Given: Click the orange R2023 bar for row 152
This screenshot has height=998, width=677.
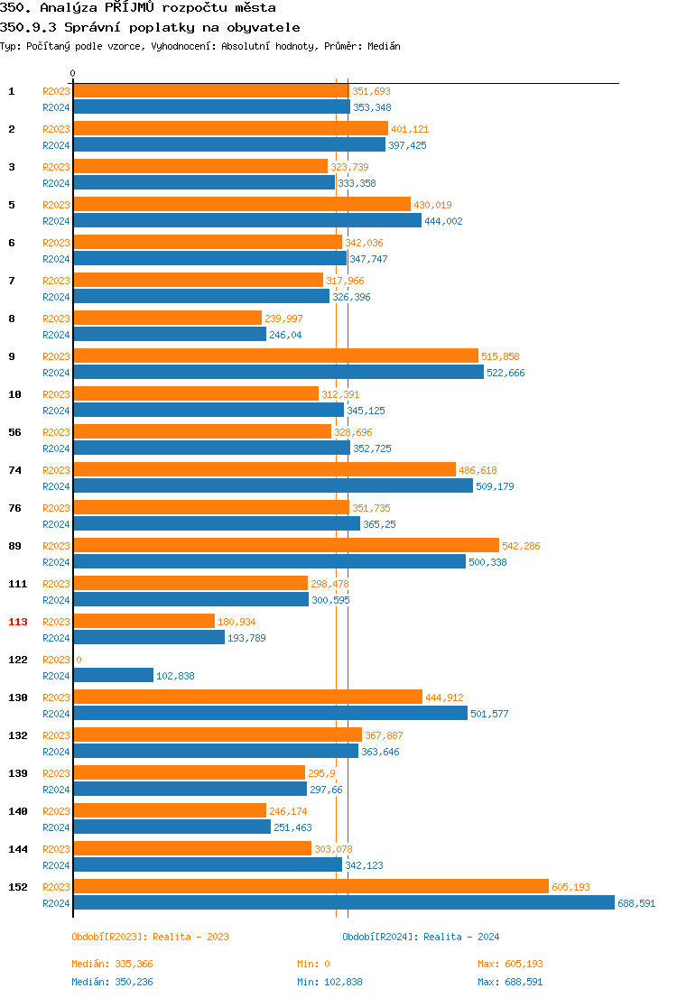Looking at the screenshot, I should [311, 886].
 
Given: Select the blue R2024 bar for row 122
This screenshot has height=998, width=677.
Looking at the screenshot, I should [113, 675].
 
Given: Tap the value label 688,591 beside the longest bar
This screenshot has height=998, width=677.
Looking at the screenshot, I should [636, 903].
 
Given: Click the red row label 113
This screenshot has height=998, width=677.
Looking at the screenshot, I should [18, 622].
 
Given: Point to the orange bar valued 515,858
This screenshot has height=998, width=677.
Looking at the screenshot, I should [275, 356].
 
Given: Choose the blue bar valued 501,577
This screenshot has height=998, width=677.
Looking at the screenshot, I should [270, 713].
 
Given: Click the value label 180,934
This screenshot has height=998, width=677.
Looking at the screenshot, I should [236, 622].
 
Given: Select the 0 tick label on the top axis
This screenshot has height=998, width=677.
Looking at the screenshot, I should [73, 73].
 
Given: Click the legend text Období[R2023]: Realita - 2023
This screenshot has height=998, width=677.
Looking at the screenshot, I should [150, 937].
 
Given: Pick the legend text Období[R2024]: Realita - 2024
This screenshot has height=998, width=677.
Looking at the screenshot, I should [421, 937].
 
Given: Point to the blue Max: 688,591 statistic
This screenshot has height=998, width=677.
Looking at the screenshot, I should [510, 982].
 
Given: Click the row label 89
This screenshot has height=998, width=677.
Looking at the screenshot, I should [15, 546].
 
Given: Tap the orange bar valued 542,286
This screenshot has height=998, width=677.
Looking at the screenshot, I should [285, 545].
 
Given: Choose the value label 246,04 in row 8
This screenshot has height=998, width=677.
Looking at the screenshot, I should [285, 335].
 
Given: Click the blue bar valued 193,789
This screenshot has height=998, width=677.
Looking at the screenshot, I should [148, 637].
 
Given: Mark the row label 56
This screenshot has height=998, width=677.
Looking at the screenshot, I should [15, 432].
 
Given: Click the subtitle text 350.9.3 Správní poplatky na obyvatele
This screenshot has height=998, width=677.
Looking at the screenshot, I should [150, 27].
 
